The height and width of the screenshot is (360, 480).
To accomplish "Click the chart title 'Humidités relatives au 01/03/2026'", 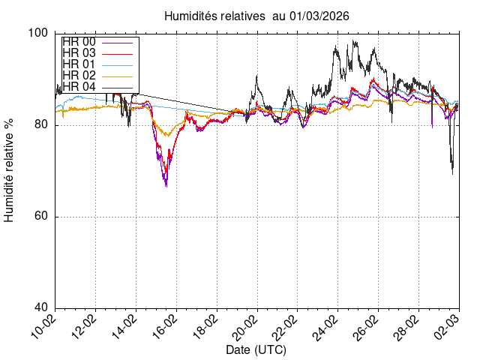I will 256,15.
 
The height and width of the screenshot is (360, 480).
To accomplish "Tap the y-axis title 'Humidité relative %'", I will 10,170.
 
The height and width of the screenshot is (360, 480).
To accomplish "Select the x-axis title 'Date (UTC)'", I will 256,350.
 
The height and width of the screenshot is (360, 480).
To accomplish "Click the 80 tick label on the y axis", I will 40,125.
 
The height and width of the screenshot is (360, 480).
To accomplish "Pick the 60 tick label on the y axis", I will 40,217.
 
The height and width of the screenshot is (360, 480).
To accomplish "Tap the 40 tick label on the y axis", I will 40,308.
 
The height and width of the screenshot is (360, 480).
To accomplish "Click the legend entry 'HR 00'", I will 79,41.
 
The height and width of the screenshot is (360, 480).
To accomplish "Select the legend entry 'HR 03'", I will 79,52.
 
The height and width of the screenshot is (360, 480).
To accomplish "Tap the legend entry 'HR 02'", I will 79,75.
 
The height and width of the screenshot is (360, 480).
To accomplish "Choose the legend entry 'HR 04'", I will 79,86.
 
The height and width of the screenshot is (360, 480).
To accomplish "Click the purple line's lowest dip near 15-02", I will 166,185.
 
